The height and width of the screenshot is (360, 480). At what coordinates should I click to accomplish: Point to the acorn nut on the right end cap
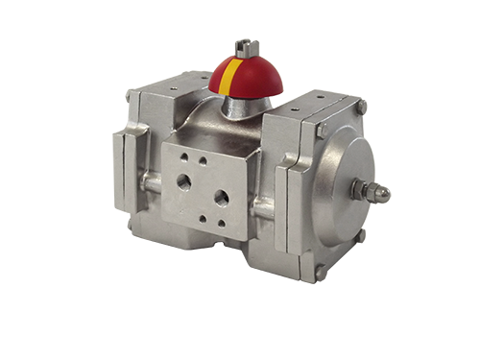pyautogui.click(x=380, y=192)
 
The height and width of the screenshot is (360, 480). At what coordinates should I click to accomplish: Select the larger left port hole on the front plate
pyautogui.click(x=182, y=181)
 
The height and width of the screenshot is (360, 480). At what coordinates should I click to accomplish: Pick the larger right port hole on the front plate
pyautogui.click(x=221, y=198)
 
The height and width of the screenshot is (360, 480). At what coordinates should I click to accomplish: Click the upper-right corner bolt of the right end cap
pyautogui.click(x=362, y=108)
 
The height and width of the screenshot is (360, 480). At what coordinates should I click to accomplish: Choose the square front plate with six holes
pyautogui.click(x=202, y=187)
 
